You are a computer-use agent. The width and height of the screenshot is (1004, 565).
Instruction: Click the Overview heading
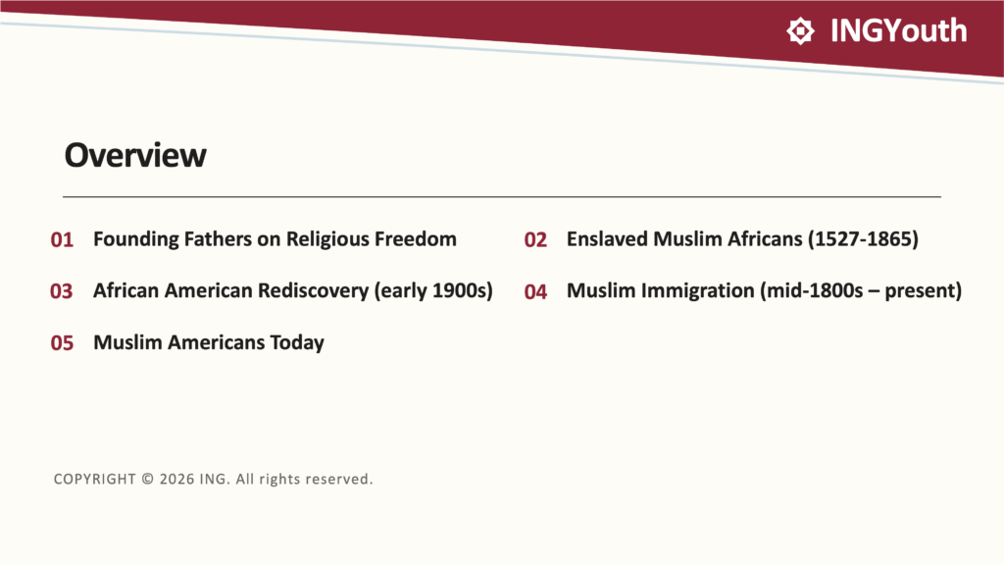135,155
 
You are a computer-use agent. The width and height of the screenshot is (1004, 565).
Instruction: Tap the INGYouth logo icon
800,30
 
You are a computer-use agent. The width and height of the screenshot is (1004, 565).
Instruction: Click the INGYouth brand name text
898,30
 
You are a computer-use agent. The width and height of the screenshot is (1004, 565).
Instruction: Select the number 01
62,239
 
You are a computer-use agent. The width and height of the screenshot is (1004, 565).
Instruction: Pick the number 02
535,239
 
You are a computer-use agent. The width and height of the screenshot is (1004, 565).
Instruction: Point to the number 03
62,291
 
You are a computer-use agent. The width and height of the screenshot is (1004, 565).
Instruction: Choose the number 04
535,291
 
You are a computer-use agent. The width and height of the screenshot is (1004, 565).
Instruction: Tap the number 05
62,342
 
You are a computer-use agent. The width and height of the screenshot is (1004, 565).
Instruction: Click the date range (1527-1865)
863,239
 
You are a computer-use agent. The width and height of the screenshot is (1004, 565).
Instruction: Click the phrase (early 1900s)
433,290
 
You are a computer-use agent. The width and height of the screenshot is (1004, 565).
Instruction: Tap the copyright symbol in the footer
148,479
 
